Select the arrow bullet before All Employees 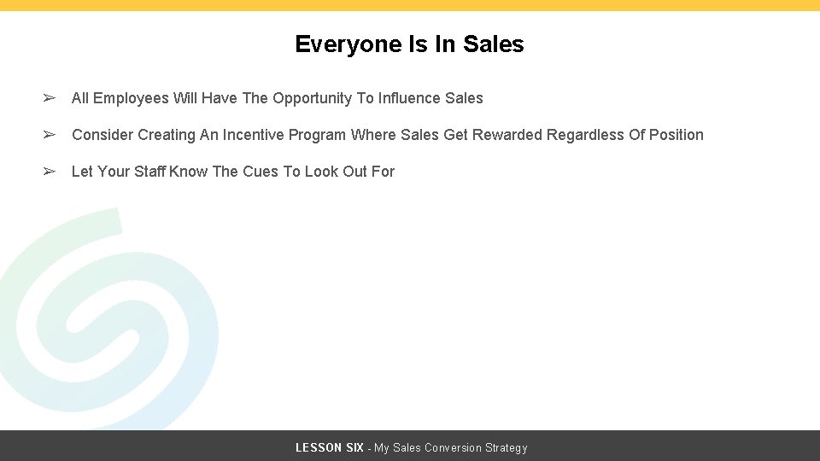pos(50,98)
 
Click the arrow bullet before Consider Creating pos(50,135)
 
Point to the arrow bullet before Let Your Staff pos(50,172)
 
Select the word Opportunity pos(312,98)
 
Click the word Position pos(676,135)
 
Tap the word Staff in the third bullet pos(149,172)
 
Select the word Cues pos(261,172)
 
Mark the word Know pos(188,172)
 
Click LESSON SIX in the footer pos(329,448)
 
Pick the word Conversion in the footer pos(453,448)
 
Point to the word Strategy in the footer pos(507,448)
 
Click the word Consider pos(102,135)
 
